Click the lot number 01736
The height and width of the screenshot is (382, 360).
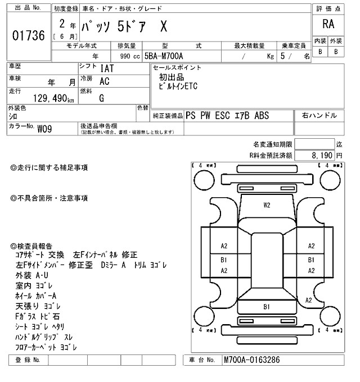pyautogui.click(x=28, y=36)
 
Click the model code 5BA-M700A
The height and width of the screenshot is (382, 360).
pyautogui.click(x=169, y=57)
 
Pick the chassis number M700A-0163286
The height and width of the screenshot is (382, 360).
pyautogui.click(x=251, y=360)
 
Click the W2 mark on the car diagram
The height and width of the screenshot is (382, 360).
pyautogui.click(x=267, y=205)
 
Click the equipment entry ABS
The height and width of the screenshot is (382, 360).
pyautogui.click(x=262, y=116)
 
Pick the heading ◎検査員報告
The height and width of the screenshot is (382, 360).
pyautogui.click(x=31, y=246)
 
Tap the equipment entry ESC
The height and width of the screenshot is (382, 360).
pyautogui.click(x=220, y=116)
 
